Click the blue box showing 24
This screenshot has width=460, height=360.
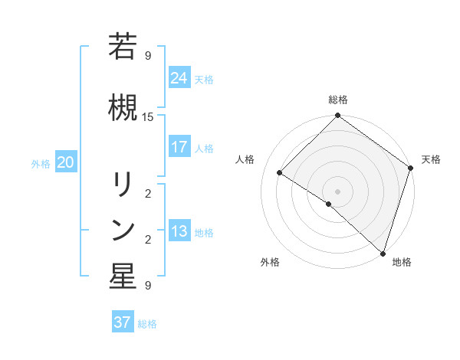(179, 77)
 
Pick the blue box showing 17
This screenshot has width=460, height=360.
(179, 147)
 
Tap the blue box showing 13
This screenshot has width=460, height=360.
(179, 231)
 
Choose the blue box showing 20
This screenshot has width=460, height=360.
(66, 162)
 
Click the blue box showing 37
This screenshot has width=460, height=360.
(122, 322)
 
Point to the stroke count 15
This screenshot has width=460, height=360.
(148, 117)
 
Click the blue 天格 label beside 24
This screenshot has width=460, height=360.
(204, 79)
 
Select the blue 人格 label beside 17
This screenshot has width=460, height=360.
(204, 149)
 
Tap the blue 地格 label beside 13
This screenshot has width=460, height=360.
(204, 233)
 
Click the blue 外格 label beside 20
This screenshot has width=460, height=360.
(41, 163)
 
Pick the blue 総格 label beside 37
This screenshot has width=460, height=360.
(147, 324)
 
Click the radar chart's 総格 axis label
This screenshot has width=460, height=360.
(338, 100)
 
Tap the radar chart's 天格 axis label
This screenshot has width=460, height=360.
(431, 159)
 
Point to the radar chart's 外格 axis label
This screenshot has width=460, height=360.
(270, 263)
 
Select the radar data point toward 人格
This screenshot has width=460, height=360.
(280, 172)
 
